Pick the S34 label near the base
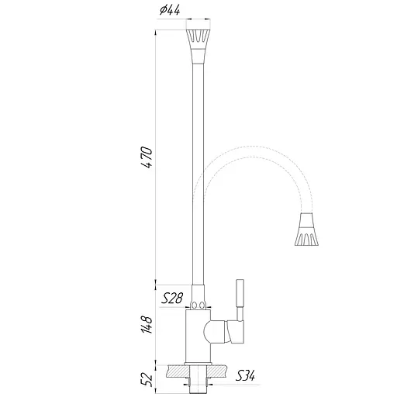(245, 376)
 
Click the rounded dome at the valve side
(212, 333)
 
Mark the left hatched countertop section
(173, 367)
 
